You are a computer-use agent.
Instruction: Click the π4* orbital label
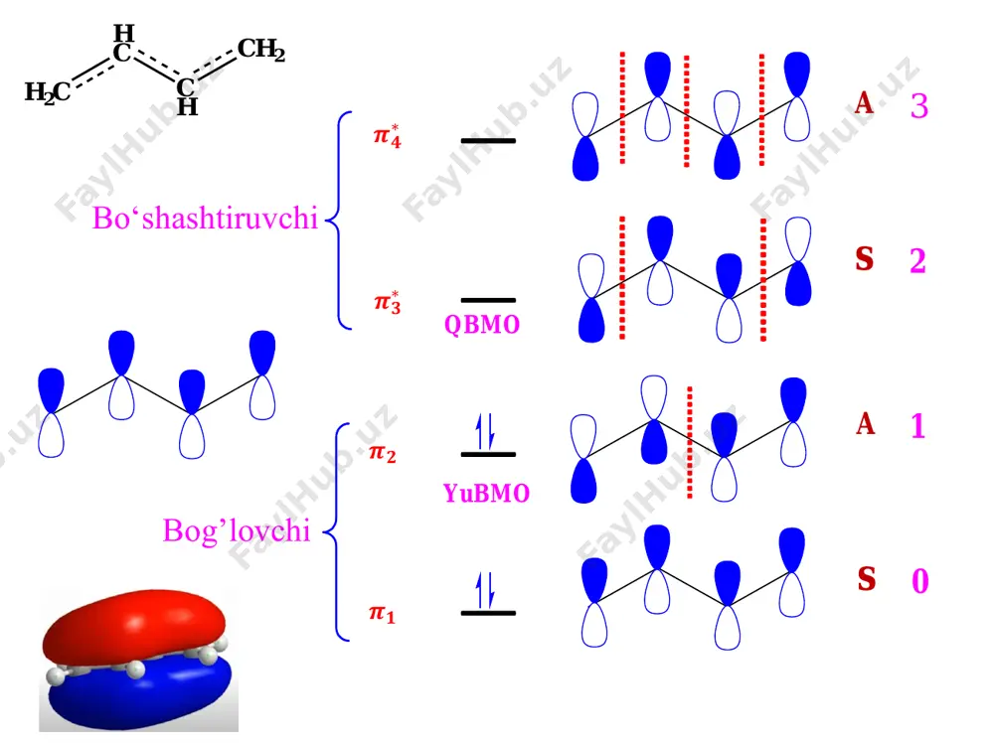pyautogui.click(x=388, y=136)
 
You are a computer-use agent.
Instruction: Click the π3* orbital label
pyautogui.click(x=388, y=302)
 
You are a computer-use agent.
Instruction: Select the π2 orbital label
pyautogui.click(x=383, y=453)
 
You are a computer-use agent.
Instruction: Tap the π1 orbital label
pyautogui.click(x=383, y=613)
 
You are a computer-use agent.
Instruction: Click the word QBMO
pyautogui.click(x=482, y=325)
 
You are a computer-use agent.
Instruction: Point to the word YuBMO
pyautogui.click(x=486, y=493)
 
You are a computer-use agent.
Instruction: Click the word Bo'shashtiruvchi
pyautogui.click(x=205, y=218)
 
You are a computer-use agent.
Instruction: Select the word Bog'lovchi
pyautogui.click(x=237, y=530)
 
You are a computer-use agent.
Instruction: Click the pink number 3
pyautogui.click(x=919, y=106)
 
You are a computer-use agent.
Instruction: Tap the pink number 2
pyautogui.click(x=917, y=260)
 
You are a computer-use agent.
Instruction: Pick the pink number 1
pyautogui.click(x=917, y=426)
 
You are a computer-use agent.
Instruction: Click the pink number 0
pyautogui.click(x=919, y=580)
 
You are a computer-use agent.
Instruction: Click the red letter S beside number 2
pyautogui.click(x=865, y=258)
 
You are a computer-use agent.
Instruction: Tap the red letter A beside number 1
pyautogui.click(x=866, y=424)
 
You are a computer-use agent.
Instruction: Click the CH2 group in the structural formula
pyautogui.click(x=261, y=50)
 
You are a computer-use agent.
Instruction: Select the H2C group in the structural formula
pyautogui.click(x=48, y=92)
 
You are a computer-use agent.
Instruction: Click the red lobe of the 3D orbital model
pyautogui.click(x=134, y=624)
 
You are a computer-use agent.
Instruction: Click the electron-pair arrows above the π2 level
pyautogui.click(x=486, y=431)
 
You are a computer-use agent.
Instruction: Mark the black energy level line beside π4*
pyautogui.click(x=488, y=141)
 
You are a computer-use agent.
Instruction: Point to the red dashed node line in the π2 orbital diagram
pyautogui.click(x=690, y=442)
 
